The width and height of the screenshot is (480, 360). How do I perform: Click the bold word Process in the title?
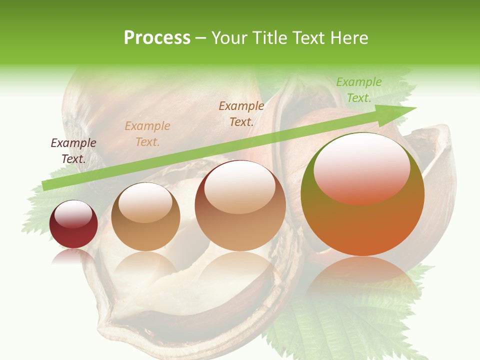(x=157, y=38)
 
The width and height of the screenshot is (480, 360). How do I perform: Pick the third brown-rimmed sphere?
(x=240, y=206)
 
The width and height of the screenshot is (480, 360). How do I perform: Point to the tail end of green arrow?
(x=46, y=185)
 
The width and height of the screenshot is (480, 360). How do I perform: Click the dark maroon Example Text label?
(x=73, y=150)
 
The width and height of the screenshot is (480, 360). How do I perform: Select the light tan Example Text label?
(x=147, y=133)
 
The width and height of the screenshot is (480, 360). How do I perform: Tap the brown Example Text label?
(x=241, y=113)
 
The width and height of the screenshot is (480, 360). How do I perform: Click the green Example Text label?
(x=358, y=89)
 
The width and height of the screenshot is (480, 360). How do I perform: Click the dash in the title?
(x=201, y=38)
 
